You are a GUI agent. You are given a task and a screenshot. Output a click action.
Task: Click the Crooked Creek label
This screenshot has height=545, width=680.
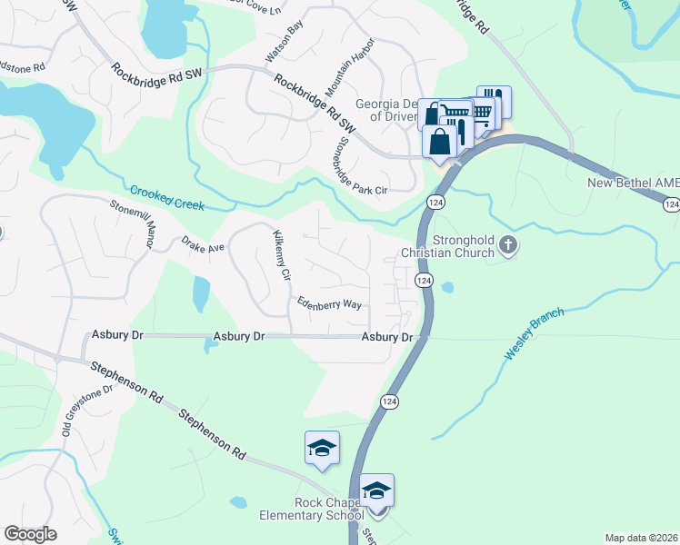tap(167, 198)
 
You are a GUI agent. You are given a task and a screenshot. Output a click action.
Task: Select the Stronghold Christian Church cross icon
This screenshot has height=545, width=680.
tap(508, 245)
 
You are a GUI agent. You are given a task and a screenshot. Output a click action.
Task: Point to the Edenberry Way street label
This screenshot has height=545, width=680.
tap(329, 303)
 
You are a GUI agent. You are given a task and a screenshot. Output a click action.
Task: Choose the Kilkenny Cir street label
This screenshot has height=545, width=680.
tap(281, 254)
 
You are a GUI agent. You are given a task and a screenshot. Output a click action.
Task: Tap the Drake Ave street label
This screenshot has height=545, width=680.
tap(203, 246)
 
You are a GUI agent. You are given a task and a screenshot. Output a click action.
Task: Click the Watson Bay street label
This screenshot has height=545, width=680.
tap(282, 43)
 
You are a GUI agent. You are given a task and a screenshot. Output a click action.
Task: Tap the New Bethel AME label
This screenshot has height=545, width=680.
tap(633, 183)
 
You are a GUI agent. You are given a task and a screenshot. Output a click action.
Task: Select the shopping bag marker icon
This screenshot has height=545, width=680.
tap(440, 143)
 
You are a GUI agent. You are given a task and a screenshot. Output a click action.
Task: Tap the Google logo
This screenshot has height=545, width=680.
tap(30, 534)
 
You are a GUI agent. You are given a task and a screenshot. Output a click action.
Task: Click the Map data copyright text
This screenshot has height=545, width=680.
tap(642, 538)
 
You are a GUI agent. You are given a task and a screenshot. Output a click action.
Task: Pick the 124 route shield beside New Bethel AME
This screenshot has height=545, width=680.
tap(671, 205)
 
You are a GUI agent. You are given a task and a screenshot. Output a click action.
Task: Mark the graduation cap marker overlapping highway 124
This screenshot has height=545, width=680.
tap(376, 490)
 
